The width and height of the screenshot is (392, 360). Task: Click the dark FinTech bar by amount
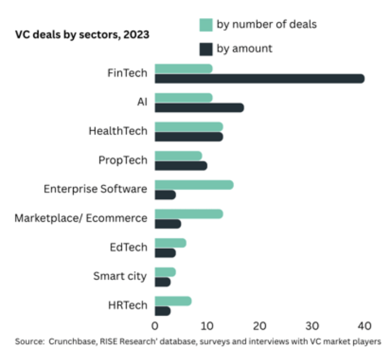[259, 79]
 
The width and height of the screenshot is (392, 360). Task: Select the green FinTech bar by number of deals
[183, 69]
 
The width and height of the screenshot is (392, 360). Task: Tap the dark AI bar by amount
[199, 108]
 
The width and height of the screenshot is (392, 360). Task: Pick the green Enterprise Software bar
[194, 185]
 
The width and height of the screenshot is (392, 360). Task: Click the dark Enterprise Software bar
[165, 195]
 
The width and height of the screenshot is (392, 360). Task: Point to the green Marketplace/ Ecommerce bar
[189, 214]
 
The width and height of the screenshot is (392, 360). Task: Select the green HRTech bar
[173, 301]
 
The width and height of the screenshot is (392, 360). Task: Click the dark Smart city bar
[163, 282]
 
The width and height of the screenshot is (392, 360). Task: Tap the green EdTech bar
[170, 243]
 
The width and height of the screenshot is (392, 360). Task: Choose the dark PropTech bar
[181, 166]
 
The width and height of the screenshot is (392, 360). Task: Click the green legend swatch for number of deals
[206, 24]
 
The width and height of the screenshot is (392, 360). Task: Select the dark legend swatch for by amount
[206, 49]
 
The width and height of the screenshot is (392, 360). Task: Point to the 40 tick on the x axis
[364, 325]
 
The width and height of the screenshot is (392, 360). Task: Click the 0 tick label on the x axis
[155, 325]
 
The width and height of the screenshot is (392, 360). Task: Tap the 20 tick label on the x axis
[260, 325]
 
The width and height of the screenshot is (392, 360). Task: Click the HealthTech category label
[118, 131]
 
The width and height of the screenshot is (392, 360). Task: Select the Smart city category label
[120, 276]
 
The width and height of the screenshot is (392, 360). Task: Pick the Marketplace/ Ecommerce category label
[81, 218]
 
